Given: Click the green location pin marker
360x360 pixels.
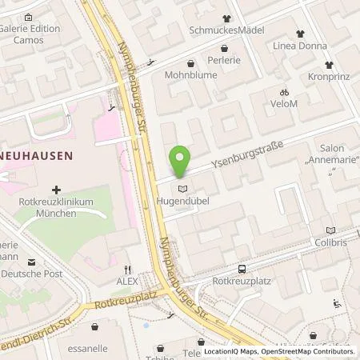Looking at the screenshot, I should coord(182,161).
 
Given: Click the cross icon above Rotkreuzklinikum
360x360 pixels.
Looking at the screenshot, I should coord(55,190).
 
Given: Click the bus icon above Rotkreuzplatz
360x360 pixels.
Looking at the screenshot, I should coord(242,268).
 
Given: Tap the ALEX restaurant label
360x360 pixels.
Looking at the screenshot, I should coord(128,282).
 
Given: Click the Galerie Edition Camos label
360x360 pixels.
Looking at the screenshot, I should coord(32,33).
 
